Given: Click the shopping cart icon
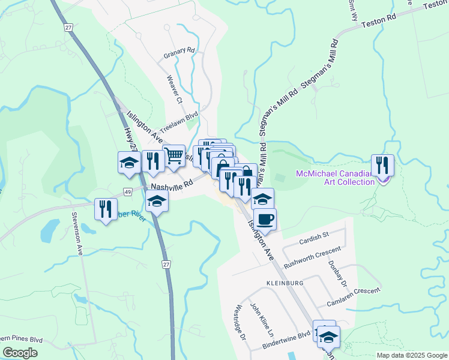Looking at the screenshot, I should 173,155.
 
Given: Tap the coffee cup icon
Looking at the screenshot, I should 265,219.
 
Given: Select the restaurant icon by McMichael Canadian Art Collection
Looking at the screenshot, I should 382,165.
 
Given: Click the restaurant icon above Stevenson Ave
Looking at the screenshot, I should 106,209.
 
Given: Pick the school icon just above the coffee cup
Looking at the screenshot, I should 262,199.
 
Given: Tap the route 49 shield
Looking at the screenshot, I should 128,191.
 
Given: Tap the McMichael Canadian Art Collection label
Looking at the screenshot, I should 335,178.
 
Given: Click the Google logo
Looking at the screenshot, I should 20,352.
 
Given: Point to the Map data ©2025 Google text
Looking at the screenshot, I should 411,355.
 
